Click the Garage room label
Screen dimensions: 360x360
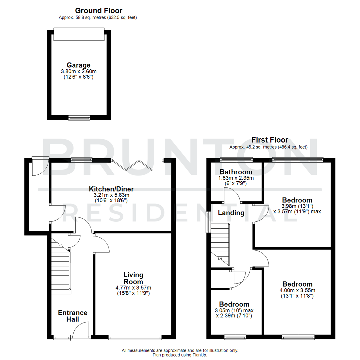(x=78, y=65)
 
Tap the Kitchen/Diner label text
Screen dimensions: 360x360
(x=111, y=189)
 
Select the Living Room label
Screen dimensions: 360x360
(x=133, y=278)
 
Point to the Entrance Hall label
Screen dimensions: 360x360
(x=73, y=316)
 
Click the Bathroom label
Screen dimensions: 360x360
(x=236, y=172)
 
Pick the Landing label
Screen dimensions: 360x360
(x=231, y=213)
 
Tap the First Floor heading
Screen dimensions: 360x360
(x=270, y=140)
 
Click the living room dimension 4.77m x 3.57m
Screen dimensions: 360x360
(x=133, y=288)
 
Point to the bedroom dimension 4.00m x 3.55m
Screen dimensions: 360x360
(x=297, y=290)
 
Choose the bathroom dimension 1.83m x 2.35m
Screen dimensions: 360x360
(x=236, y=178)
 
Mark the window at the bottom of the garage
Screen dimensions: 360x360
(x=79, y=117)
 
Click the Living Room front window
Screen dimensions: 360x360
(x=135, y=337)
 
